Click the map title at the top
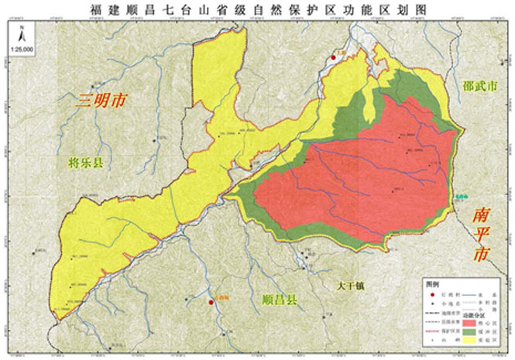click(x=257, y=9)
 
